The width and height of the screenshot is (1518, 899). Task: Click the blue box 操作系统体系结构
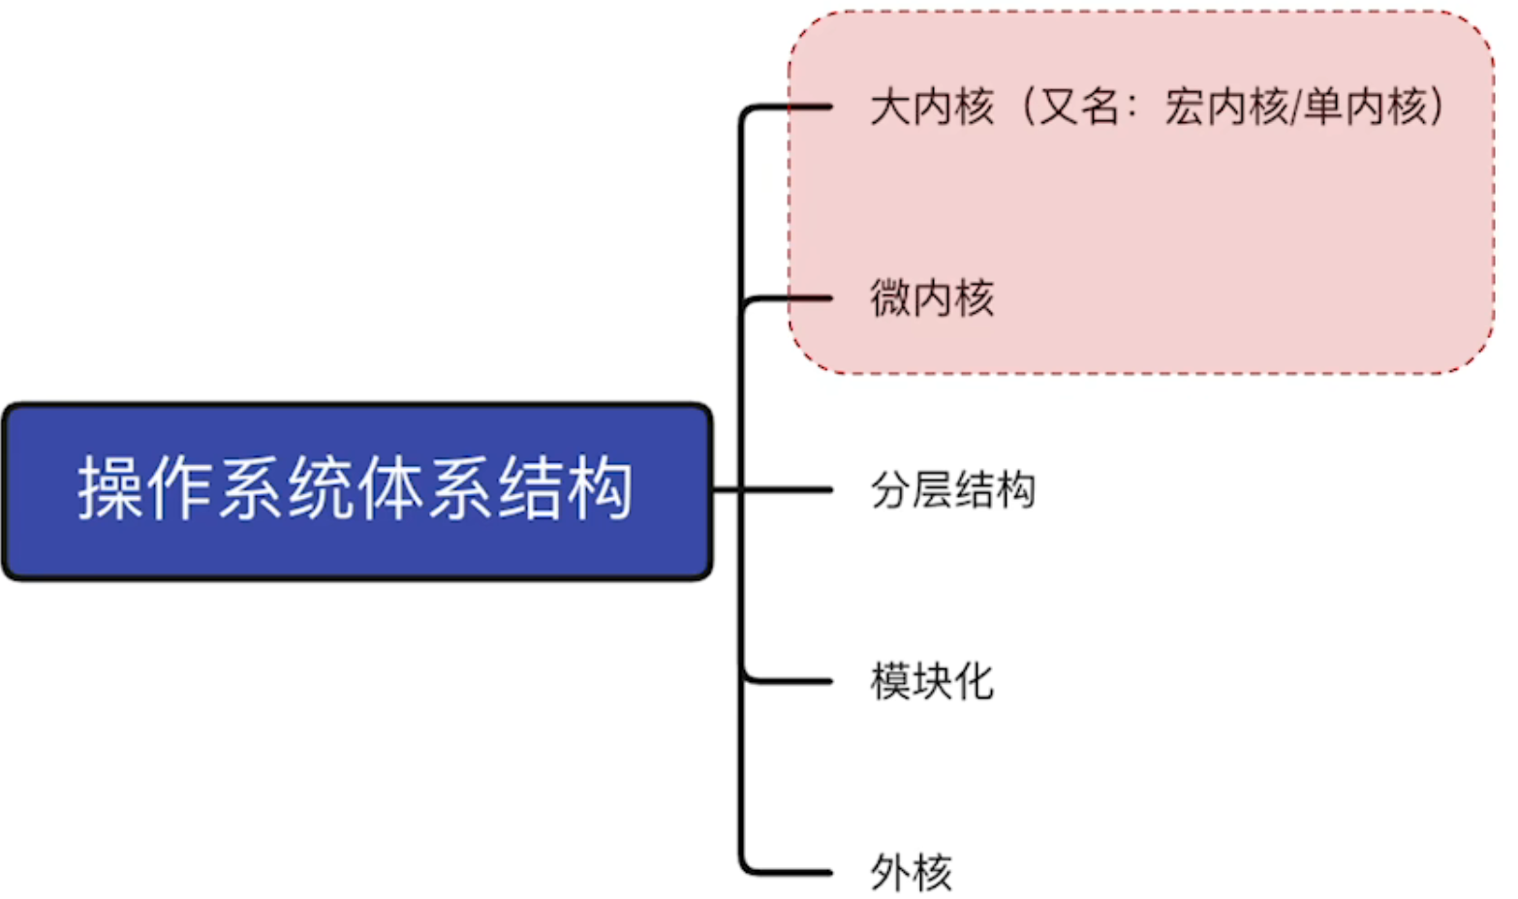pyautogui.click(x=356, y=491)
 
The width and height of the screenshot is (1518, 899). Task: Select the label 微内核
pyautogui.click(x=931, y=298)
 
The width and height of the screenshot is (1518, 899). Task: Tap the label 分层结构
pyautogui.click(x=952, y=490)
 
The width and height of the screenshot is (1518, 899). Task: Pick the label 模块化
pyautogui.click(x=931, y=682)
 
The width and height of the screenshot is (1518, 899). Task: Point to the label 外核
pyautogui.click(x=911, y=873)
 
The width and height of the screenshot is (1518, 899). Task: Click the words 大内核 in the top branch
pyautogui.click(x=931, y=107)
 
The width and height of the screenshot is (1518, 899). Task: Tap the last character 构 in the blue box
pyautogui.click(x=601, y=489)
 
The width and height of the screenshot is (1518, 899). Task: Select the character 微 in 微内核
pyautogui.click(x=889, y=298)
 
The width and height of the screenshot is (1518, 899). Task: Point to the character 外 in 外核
pyautogui.click(x=889, y=873)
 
